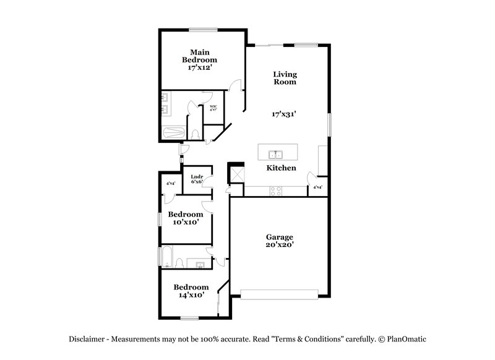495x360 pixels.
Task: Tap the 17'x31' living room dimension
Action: pos(285,114)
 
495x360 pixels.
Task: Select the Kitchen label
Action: pos(281,168)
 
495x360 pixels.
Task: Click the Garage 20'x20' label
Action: pos(280,241)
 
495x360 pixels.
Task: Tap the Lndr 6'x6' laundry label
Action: pos(197,179)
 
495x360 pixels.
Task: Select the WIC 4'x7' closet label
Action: pos(213,109)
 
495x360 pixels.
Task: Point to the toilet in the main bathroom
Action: pos(195,134)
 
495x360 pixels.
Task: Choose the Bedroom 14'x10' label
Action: pos(191,291)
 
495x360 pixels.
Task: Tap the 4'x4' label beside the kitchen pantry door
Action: pos(317,187)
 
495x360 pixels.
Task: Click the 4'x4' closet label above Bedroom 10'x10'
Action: pos(170,183)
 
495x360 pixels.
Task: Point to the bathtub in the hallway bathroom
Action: pos(166,256)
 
